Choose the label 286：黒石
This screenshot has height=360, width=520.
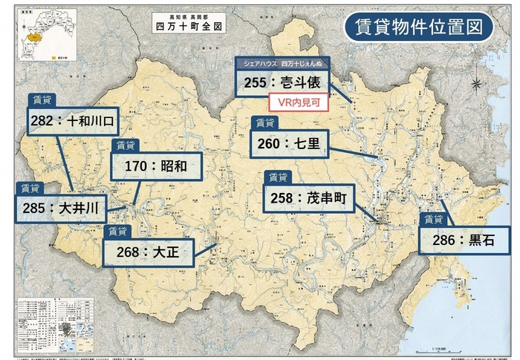click(x=465, y=240)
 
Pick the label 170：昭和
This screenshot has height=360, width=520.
click(x=156, y=166)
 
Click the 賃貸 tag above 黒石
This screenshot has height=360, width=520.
click(x=434, y=219)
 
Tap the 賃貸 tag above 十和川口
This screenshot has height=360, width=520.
click(x=43, y=99)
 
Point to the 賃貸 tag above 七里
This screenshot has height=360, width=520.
click(x=264, y=123)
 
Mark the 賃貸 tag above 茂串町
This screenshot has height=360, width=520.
click(x=279, y=178)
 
